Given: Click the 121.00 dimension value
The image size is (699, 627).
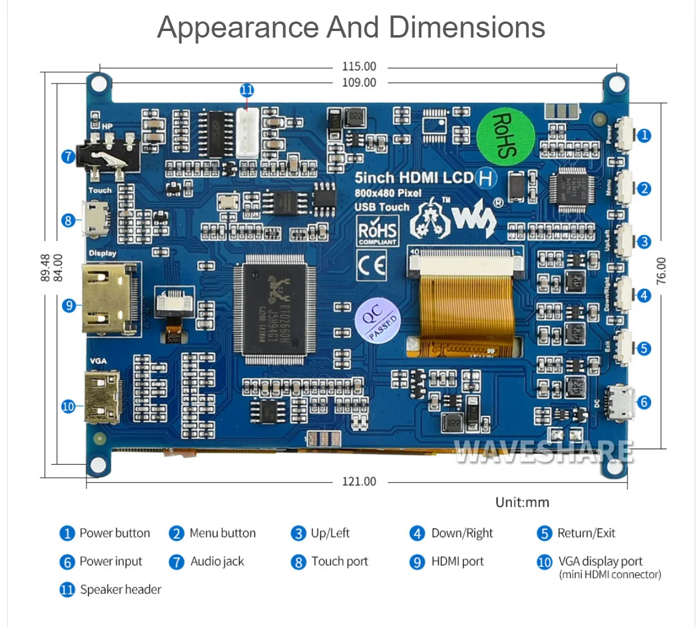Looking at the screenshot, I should (x=359, y=481).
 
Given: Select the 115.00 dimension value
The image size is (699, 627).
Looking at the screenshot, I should (x=359, y=67).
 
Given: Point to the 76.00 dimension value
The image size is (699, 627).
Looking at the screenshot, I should (x=661, y=271).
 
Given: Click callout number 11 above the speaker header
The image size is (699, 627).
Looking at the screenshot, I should (x=247, y=91).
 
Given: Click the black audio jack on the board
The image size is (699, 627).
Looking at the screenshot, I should (x=110, y=157).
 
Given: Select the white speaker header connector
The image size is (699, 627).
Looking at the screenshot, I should (x=247, y=135).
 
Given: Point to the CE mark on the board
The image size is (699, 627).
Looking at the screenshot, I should (x=371, y=265).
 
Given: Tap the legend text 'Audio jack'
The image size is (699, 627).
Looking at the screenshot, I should (x=217, y=561).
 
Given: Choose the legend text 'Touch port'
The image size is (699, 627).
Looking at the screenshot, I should (x=340, y=561).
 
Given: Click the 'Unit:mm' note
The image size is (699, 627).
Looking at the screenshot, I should (x=522, y=502).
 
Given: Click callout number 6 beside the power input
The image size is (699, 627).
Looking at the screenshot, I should (x=644, y=402).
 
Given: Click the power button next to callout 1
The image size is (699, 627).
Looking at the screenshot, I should (x=625, y=135).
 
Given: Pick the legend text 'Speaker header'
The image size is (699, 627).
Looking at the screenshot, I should (x=120, y=589).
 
